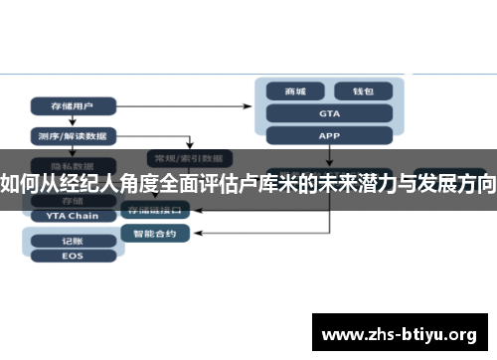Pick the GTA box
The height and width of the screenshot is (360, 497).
tap(329, 112)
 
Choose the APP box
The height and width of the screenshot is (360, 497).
tap(329, 134)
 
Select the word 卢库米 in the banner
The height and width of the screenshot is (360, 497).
tap(274, 184)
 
